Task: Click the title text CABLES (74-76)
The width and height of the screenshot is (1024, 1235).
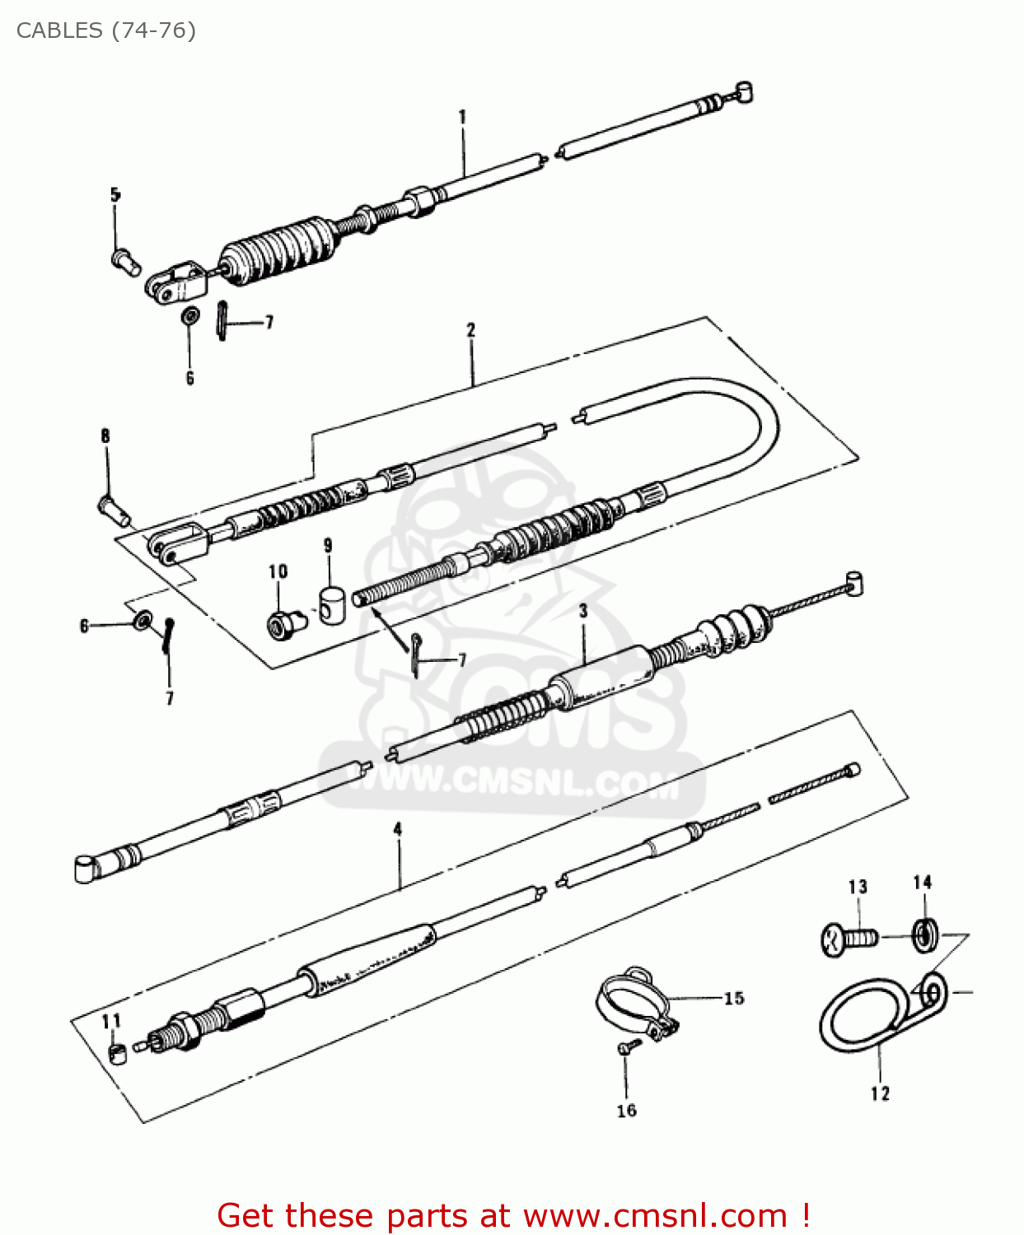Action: [x=106, y=30]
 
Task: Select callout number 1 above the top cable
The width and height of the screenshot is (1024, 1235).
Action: [x=462, y=117]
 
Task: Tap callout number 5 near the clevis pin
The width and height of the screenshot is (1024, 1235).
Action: [x=115, y=195]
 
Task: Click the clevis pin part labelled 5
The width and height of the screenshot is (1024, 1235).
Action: [x=125, y=262]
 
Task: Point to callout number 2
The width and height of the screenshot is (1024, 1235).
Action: [x=471, y=330]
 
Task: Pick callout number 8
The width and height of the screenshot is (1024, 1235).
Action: [x=105, y=436]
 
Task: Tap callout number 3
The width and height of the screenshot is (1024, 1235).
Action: [x=583, y=611]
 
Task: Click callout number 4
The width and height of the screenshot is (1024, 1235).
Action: [x=398, y=829]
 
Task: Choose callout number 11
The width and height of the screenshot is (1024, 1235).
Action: [x=111, y=1021]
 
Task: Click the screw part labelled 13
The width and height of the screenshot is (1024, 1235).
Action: [x=849, y=939]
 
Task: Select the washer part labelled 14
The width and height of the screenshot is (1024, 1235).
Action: [x=923, y=934]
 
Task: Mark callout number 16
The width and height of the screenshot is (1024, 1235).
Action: [x=627, y=1111]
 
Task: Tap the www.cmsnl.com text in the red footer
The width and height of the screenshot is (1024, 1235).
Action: [x=655, y=1215]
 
